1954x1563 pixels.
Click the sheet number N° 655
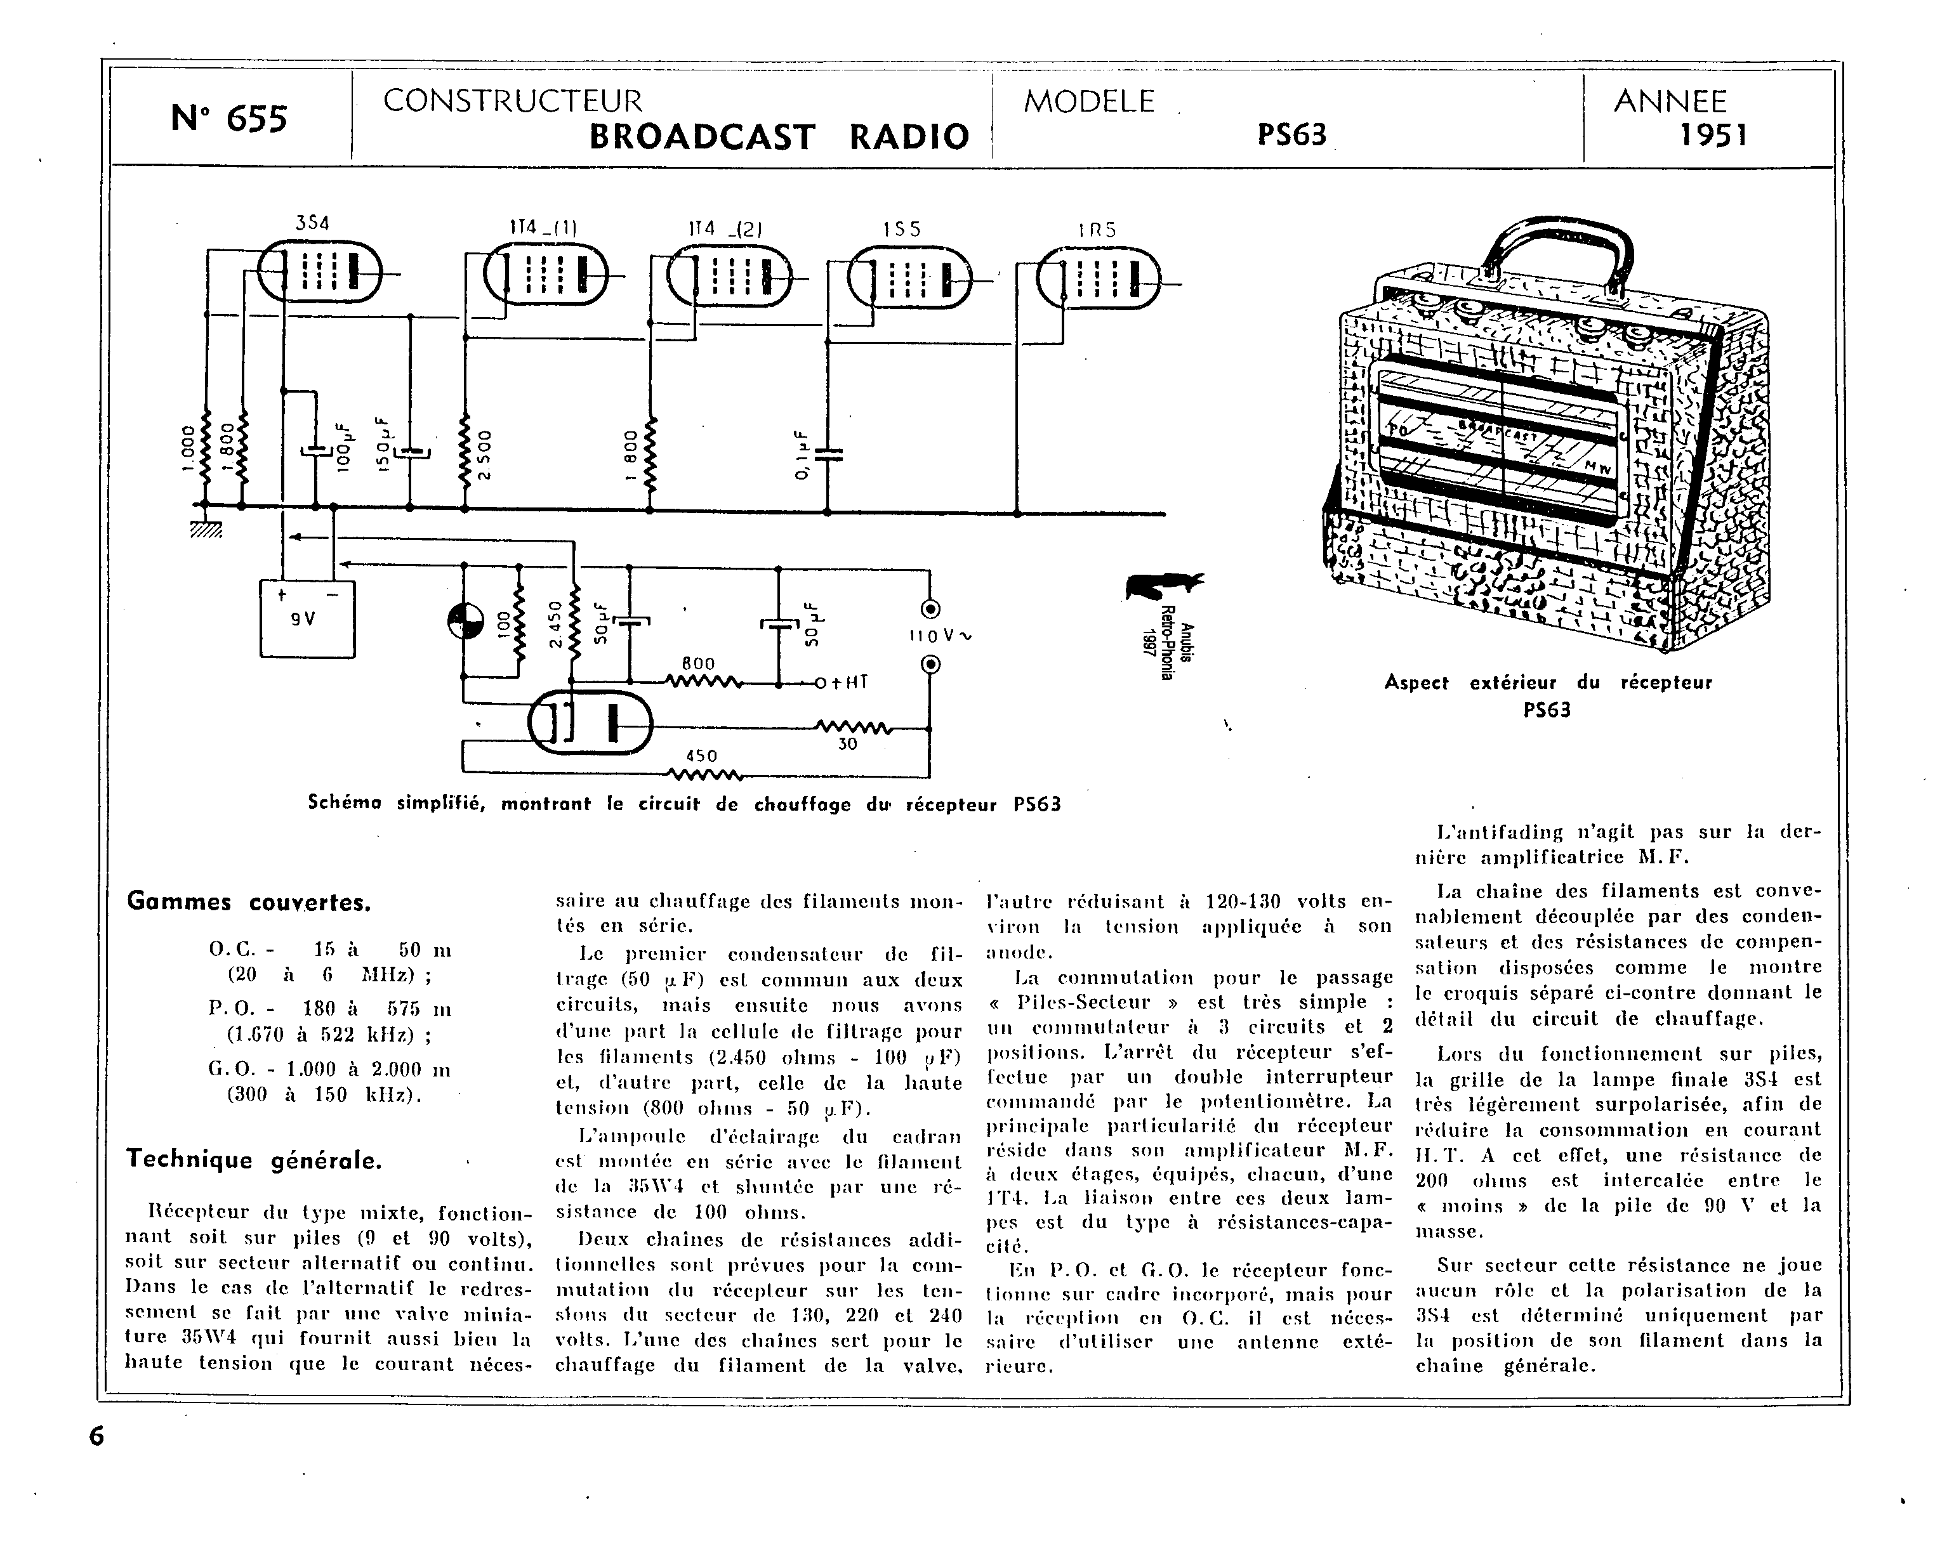[228, 119]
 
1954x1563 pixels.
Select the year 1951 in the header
[1713, 135]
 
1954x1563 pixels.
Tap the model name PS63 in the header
[1291, 135]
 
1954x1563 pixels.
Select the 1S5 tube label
[902, 230]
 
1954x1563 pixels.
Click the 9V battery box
[307, 619]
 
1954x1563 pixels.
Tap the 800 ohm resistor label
[698, 664]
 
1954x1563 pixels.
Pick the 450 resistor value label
[701, 755]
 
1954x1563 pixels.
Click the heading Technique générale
[254, 1160]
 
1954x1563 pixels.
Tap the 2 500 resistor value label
[484, 455]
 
